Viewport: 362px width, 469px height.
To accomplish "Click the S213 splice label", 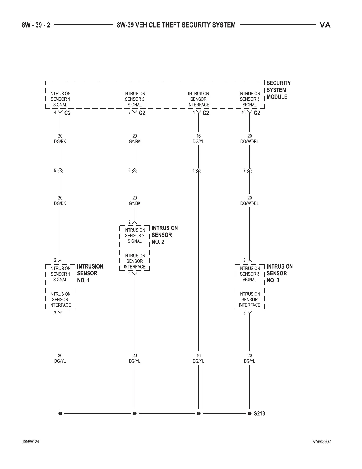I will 259,414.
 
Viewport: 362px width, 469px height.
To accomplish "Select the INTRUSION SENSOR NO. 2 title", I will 164,235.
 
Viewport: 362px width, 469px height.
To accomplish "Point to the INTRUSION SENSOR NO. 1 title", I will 90,273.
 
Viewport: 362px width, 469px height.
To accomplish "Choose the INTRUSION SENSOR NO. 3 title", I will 279,273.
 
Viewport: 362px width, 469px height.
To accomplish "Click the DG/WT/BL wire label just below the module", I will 249,142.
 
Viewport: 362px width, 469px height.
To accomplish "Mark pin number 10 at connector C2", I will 243,113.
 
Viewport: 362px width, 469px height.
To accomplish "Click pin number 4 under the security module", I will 55,113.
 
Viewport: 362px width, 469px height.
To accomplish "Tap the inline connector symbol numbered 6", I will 135,171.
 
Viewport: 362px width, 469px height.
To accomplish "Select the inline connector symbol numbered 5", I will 60,171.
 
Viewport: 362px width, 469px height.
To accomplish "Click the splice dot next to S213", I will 249,413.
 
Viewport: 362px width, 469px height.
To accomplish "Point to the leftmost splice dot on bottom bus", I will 60,413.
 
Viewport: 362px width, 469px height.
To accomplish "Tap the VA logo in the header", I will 325,25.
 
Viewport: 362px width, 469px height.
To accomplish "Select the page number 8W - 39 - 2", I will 36,25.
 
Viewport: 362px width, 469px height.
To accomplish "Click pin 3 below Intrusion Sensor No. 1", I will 55,313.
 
